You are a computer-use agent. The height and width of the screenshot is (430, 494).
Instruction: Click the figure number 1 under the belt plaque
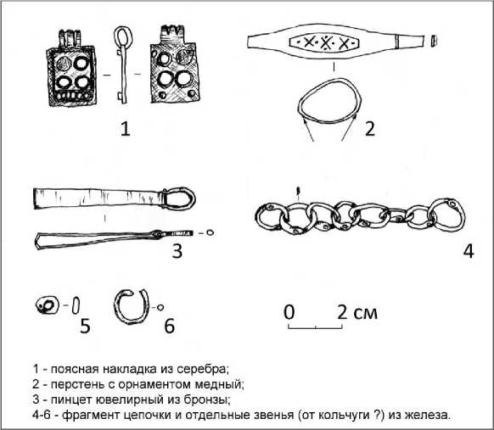[x=126, y=129]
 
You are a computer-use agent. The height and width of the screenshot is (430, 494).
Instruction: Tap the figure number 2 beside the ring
[x=370, y=129]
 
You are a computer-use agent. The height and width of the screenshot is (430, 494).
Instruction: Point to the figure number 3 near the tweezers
[x=177, y=251]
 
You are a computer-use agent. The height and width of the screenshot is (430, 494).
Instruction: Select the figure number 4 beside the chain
[x=469, y=251]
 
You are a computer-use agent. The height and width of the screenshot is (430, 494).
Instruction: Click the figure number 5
[x=85, y=326]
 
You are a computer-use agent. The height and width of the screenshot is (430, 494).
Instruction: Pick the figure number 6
[x=170, y=326]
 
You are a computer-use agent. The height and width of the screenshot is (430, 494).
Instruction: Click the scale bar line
[x=316, y=328]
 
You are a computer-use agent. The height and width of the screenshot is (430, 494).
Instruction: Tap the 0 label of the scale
[x=289, y=312]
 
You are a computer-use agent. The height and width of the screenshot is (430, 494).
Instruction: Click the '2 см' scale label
[x=357, y=313]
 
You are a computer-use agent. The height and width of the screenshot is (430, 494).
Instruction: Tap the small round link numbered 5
[x=48, y=305]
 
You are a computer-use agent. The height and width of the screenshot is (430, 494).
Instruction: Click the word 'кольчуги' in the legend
[x=344, y=416]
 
